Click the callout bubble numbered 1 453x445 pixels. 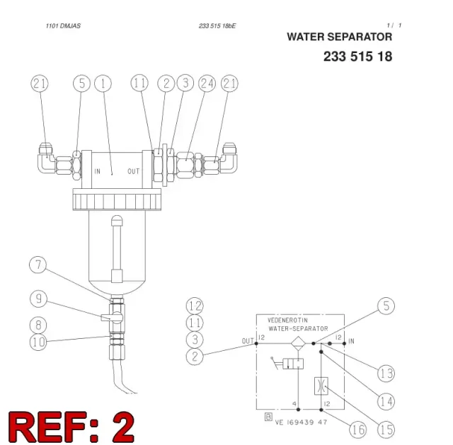[103, 83]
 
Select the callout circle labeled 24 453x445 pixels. [207, 83]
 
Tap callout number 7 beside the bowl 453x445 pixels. [38, 265]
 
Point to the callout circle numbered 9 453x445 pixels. [38, 299]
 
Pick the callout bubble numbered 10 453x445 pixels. [38, 342]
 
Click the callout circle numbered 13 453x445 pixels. [386, 374]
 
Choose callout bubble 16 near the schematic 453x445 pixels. [358, 429]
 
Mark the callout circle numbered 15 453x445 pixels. [386, 429]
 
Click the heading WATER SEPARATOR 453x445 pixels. [340, 37]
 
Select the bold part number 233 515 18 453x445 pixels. [357, 57]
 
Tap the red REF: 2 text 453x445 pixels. [71, 427]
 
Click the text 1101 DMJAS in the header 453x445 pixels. [63, 26]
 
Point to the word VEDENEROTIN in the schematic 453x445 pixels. [287, 320]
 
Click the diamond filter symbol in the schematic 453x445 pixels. [298, 343]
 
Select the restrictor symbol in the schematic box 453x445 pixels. [321, 386]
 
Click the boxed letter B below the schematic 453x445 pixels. [268, 417]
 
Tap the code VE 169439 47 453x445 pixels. [301, 422]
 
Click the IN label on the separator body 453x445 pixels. [98, 171]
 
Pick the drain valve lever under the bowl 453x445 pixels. [106, 318]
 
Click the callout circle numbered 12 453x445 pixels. [195, 306]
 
